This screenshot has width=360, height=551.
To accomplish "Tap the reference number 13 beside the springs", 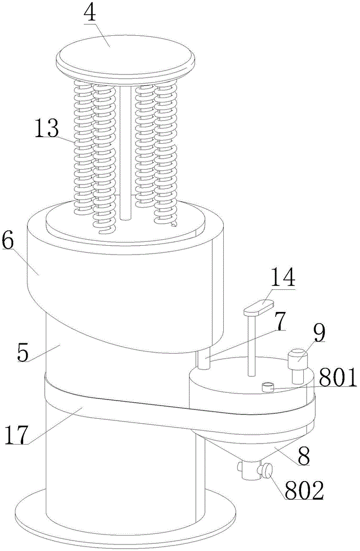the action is point(46,128).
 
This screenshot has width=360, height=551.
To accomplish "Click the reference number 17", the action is point(16,435).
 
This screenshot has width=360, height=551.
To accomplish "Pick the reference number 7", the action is point(280,321).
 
